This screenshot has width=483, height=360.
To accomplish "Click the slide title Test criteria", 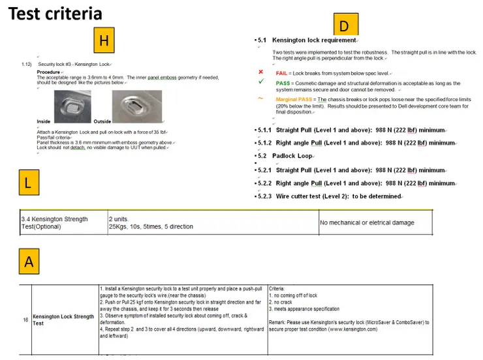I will [55, 13].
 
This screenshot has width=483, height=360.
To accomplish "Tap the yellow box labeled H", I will [103, 41].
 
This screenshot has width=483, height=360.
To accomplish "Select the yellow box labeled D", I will [344, 25].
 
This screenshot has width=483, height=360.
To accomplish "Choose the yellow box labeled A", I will [29, 262].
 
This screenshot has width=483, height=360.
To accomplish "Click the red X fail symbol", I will [260, 72].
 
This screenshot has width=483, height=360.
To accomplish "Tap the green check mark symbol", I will [260, 82].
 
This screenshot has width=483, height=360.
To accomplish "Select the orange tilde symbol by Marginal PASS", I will [260, 98].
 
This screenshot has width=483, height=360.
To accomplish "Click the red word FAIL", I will [282, 72].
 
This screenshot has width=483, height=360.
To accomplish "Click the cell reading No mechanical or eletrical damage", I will [367, 222].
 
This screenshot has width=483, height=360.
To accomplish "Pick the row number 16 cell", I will [25, 320].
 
